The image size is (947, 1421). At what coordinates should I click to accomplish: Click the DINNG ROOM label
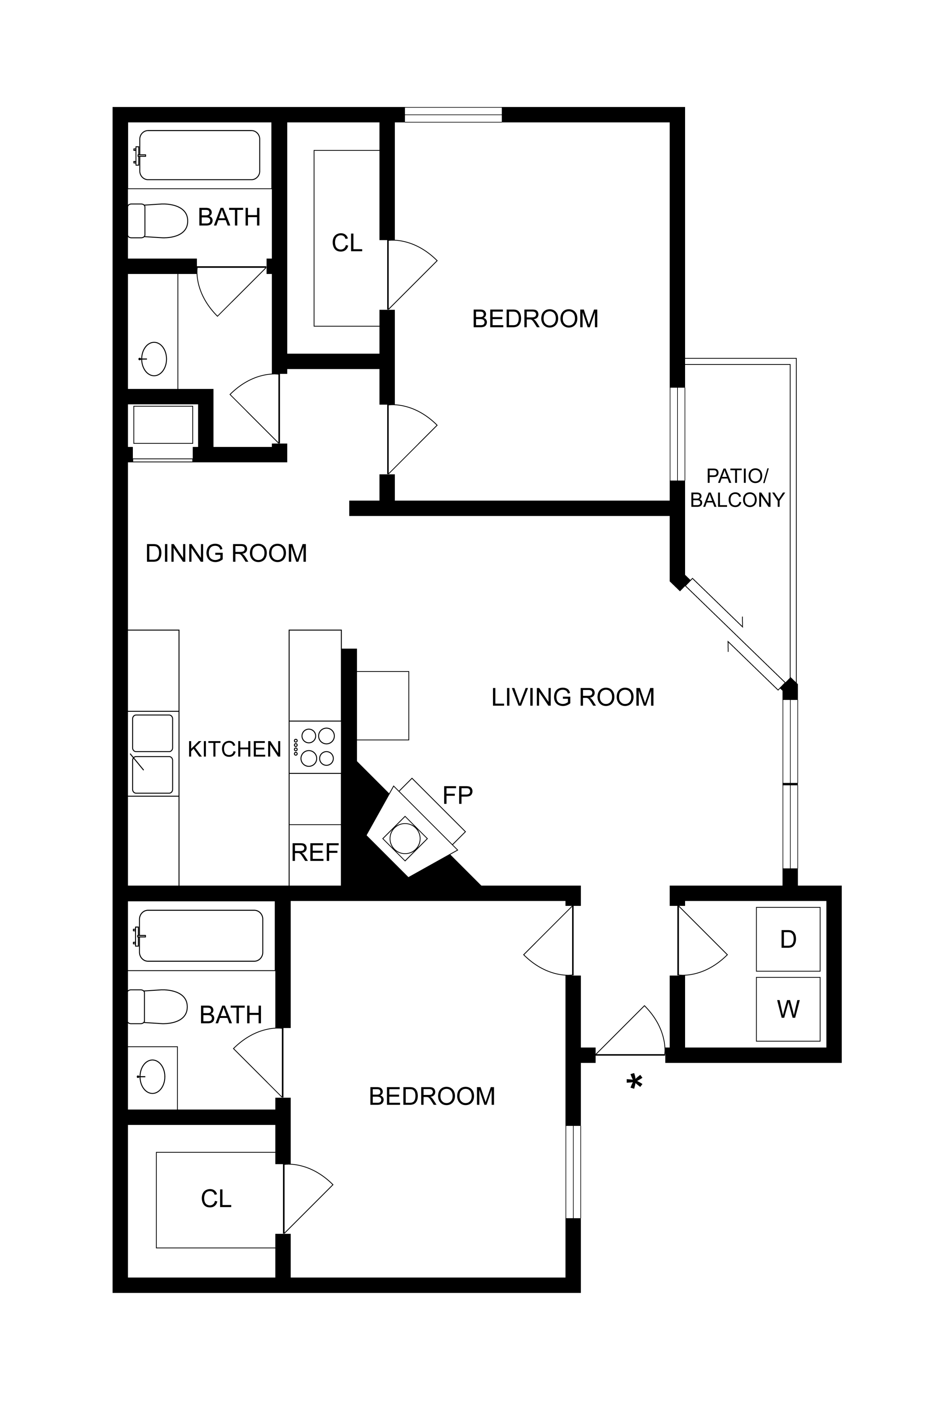click(227, 553)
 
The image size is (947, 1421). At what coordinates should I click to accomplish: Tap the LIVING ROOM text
click(573, 697)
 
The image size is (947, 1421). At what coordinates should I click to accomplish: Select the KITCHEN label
click(234, 749)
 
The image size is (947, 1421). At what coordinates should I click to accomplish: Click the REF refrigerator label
click(315, 852)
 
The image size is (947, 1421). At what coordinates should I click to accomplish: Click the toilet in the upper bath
click(157, 220)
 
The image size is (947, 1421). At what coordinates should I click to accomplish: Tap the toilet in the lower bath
click(157, 1007)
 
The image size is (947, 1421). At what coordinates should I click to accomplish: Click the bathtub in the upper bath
click(199, 155)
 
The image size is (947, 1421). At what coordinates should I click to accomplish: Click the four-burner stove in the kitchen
click(315, 747)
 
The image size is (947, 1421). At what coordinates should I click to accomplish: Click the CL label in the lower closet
click(216, 1199)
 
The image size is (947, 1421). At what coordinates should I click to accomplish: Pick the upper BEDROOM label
click(535, 319)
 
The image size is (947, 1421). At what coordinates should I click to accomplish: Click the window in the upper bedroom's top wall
click(453, 115)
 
